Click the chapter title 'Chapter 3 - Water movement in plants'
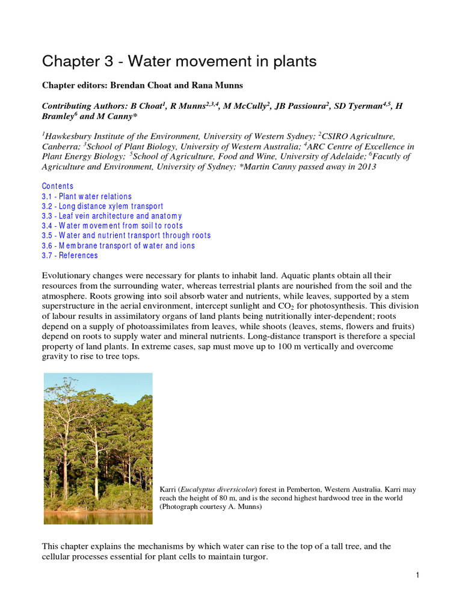[x=179, y=61]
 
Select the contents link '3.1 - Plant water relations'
[x=87, y=197]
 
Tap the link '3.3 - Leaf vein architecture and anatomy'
[x=111, y=216]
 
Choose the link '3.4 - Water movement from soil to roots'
[x=112, y=226]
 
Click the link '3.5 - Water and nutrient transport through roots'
[x=126, y=235]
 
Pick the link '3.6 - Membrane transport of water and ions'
[x=118, y=245]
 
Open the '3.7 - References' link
[x=70, y=256]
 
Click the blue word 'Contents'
[x=58, y=186]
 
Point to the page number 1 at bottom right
[x=417, y=576]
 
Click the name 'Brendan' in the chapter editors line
[x=127, y=85]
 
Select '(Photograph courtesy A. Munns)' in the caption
[x=211, y=507]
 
